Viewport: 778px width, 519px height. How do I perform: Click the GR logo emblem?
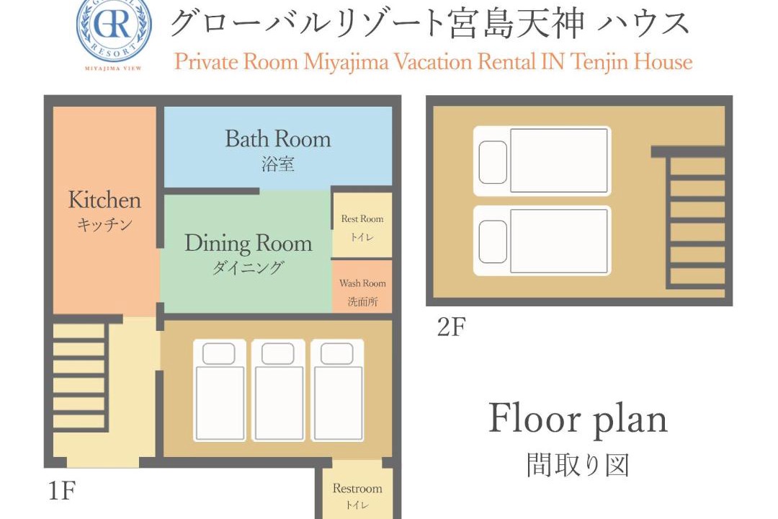[114, 30]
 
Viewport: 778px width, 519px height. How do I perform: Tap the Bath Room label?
[278, 138]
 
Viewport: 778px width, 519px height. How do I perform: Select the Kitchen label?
[104, 200]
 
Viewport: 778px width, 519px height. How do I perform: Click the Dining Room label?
[249, 244]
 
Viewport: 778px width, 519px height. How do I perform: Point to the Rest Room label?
[362, 218]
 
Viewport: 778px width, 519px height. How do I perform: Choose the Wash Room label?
[362, 283]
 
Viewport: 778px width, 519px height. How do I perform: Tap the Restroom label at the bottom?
[357, 488]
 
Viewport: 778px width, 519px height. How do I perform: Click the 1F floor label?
[62, 491]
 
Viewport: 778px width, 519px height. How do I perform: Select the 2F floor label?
[452, 327]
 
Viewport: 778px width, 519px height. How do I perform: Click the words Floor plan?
[578, 420]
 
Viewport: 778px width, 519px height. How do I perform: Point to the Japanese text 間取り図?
[578, 466]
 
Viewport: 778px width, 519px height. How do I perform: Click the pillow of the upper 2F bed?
[493, 162]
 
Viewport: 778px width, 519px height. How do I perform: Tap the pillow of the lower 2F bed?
[493, 241]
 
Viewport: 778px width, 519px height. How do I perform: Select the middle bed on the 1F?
[278, 391]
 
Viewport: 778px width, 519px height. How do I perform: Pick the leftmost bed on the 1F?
[219, 391]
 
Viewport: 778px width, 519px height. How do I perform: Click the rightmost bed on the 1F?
[337, 391]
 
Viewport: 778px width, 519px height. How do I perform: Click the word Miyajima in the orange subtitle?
[346, 63]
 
